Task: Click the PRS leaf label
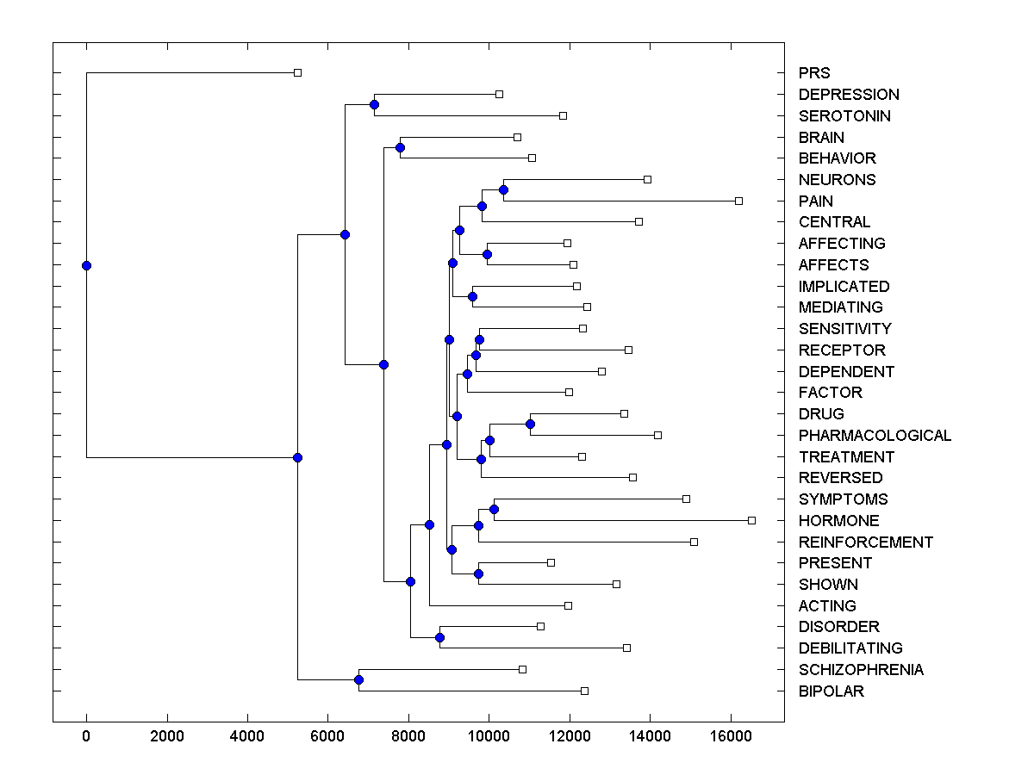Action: pyautogui.click(x=814, y=73)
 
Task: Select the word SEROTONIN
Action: pyautogui.click(x=844, y=116)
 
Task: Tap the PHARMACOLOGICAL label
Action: pyautogui.click(x=875, y=436)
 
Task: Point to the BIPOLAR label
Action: pyautogui.click(x=831, y=691)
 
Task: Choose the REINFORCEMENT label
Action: pyautogui.click(x=865, y=542)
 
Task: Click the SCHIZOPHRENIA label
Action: pyautogui.click(x=861, y=670)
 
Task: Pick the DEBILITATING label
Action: pyautogui.click(x=850, y=648)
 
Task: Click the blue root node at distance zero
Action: pyautogui.click(x=86, y=265)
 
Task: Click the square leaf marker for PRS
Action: pyautogui.click(x=297, y=72)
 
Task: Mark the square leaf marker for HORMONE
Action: pyautogui.click(x=751, y=520)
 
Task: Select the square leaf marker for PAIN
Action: pyautogui.click(x=738, y=201)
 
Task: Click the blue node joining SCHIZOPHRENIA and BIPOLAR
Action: pyautogui.click(x=358, y=680)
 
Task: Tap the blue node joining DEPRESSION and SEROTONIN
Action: pyautogui.click(x=374, y=104)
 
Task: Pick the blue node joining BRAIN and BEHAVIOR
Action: pyautogui.click(x=400, y=147)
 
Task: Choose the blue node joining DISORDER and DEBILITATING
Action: pyautogui.click(x=439, y=637)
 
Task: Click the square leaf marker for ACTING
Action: pyautogui.click(x=568, y=605)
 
